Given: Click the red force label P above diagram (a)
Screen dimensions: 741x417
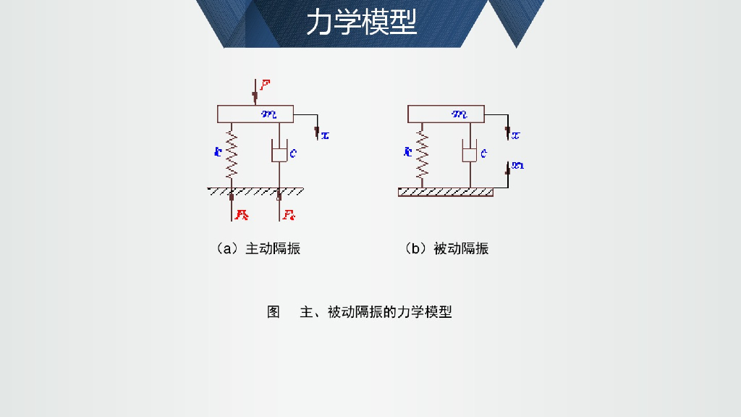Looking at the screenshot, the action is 266,85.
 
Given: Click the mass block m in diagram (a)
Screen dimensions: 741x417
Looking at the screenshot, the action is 255,114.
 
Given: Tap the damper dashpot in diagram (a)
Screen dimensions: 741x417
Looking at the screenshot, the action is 279,153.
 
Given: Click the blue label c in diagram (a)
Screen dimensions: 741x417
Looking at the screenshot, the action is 292,153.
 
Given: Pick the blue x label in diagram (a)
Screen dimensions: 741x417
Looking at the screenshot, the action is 325,135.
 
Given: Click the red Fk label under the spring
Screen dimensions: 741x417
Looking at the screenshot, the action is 242,214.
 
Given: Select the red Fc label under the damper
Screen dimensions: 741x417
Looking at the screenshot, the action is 289,214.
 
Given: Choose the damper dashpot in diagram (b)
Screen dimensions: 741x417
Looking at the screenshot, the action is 470,153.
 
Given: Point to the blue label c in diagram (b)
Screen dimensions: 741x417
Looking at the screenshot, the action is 483,153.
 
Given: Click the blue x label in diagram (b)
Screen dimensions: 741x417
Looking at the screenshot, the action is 516,135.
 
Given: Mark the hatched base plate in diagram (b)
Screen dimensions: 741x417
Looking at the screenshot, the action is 446,192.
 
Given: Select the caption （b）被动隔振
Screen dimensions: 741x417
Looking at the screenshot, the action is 446,248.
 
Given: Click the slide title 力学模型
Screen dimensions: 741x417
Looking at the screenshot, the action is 361,22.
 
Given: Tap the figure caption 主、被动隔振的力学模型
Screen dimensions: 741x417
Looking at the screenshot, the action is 376,312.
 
